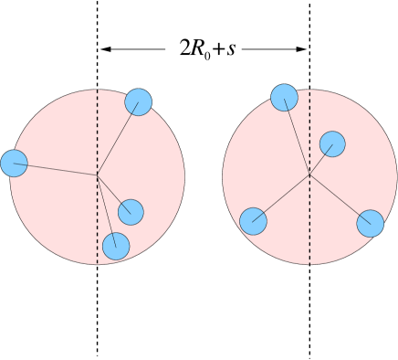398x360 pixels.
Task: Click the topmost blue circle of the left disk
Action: click(x=138, y=102)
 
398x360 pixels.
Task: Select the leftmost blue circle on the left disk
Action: click(x=14, y=164)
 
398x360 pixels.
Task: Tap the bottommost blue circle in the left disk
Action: click(x=116, y=246)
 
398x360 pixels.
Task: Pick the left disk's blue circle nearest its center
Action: click(x=131, y=212)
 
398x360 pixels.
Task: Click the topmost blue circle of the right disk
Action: click(x=284, y=98)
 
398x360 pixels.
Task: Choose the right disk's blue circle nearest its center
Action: click(x=332, y=144)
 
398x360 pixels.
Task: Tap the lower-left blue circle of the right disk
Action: click(x=253, y=221)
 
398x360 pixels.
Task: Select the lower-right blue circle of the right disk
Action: click(x=370, y=223)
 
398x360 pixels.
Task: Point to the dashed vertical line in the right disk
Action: click(x=309, y=228)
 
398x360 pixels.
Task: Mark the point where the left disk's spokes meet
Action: click(x=98, y=175)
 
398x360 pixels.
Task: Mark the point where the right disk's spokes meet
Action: click(x=309, y=175)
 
